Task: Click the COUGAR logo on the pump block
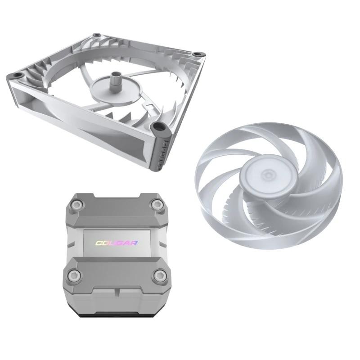pos(117,243)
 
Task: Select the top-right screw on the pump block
pos(157,206)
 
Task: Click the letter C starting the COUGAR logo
pos(98,243)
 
